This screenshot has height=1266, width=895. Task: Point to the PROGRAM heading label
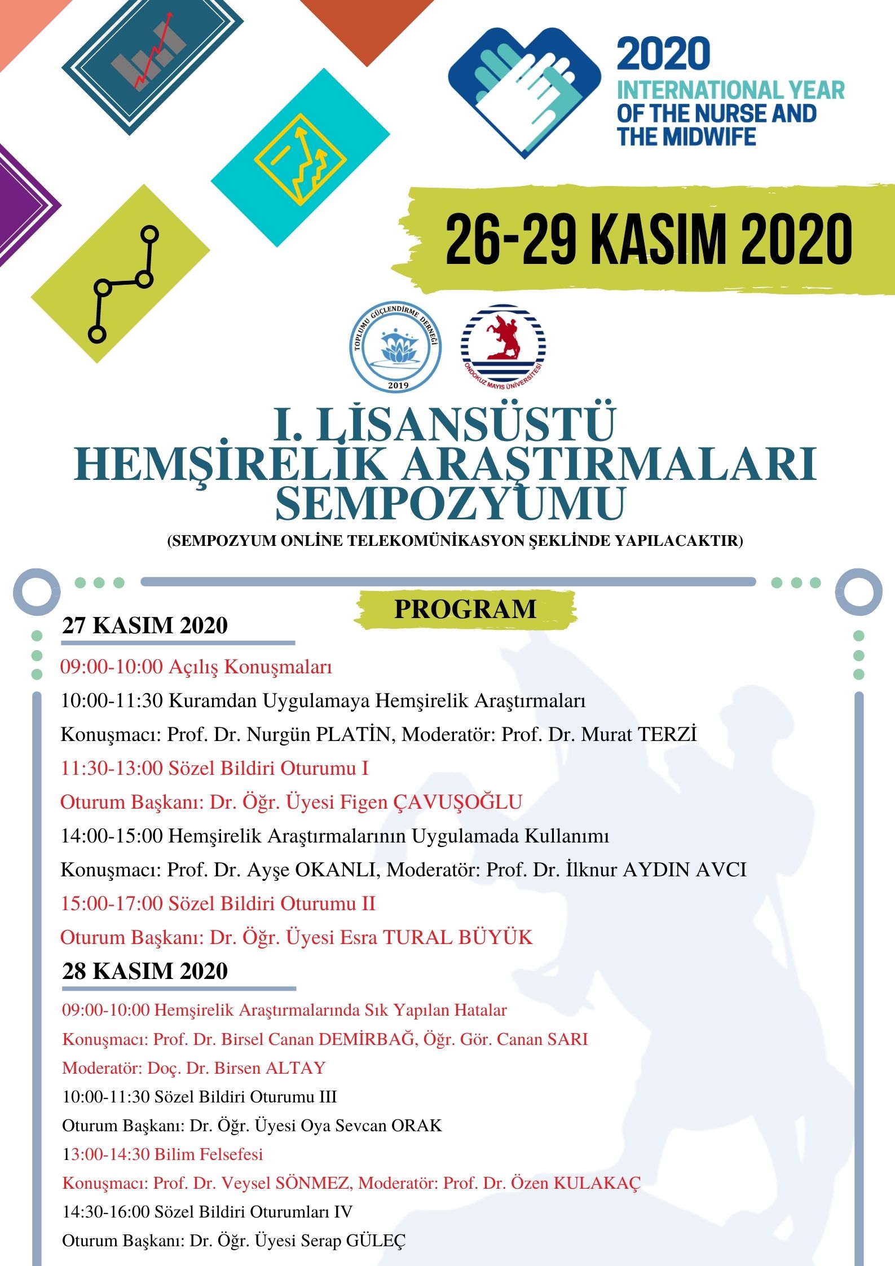[465, 610]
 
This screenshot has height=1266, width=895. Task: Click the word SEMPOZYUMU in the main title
[450, 504]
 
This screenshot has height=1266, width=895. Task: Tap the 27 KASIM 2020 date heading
[145, 625]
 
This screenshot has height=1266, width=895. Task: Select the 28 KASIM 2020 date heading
[145, 971]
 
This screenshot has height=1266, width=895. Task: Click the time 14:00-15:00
[112, 836]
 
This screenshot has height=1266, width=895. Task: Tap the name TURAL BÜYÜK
[458, 937]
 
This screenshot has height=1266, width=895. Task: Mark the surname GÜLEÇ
[376, 1241]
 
